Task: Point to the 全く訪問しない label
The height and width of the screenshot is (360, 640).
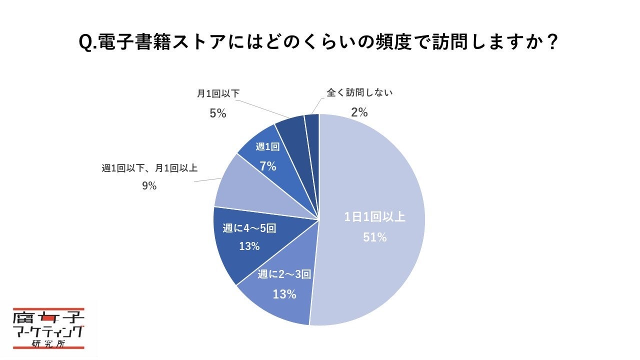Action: tap(359, 92)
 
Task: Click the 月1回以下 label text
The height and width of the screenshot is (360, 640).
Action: tap(217, 94)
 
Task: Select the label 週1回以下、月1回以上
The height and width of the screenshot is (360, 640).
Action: tap(149, 168)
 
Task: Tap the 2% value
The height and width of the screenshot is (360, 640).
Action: tap(359, 112)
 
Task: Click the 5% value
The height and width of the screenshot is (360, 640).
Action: tap(217, 114)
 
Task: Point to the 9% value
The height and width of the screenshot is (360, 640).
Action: tap(149, 186)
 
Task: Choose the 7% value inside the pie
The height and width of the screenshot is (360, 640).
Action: tap(268, 166)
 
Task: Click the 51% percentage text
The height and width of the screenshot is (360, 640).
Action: tap(375, 237)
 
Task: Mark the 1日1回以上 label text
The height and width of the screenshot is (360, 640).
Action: tap(375, 217)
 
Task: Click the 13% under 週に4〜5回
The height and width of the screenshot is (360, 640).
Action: tap(249, 246)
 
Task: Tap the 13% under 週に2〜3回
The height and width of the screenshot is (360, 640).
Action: tap(284, 294)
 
